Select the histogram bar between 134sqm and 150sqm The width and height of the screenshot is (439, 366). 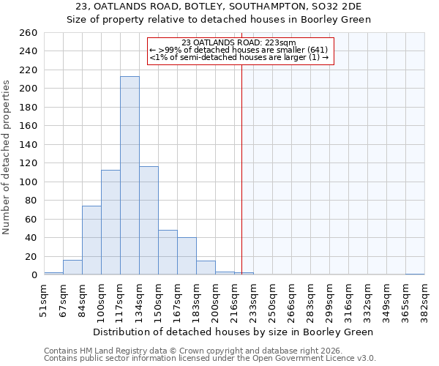[149, 220]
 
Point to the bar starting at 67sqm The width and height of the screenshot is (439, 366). [72, 267]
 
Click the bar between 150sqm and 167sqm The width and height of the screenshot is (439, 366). [168, 253]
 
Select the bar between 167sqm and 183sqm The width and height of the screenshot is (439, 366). [187, 256]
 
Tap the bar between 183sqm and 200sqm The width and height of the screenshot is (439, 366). [206, 268]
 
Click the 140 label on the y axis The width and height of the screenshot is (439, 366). [29, 145]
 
